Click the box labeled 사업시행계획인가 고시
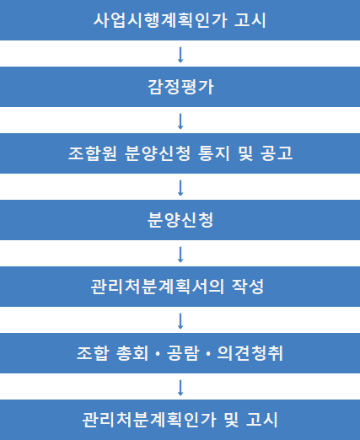coord(180,20)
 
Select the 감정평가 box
coord(180,87)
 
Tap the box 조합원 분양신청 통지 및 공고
coord(180,153)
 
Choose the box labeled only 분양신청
coord(180,220)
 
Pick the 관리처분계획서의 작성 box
coord(180,287)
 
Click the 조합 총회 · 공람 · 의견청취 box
coord(180,353)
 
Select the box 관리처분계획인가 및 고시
coord(180,420)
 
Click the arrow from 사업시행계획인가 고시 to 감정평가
coord(180,55)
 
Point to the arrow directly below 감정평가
coord(180,121)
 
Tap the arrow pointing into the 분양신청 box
coord(180,188)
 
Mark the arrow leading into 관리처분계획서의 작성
coord(180,255)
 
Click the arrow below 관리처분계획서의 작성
coord(180,321)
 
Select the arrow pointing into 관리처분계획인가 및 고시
coord(180,388)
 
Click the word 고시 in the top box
coord(250,20)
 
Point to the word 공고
coord(277,153)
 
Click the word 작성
coord(248,287)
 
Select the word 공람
coord(183,353)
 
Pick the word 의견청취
coord(250,353)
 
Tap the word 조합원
coord(93,153)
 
